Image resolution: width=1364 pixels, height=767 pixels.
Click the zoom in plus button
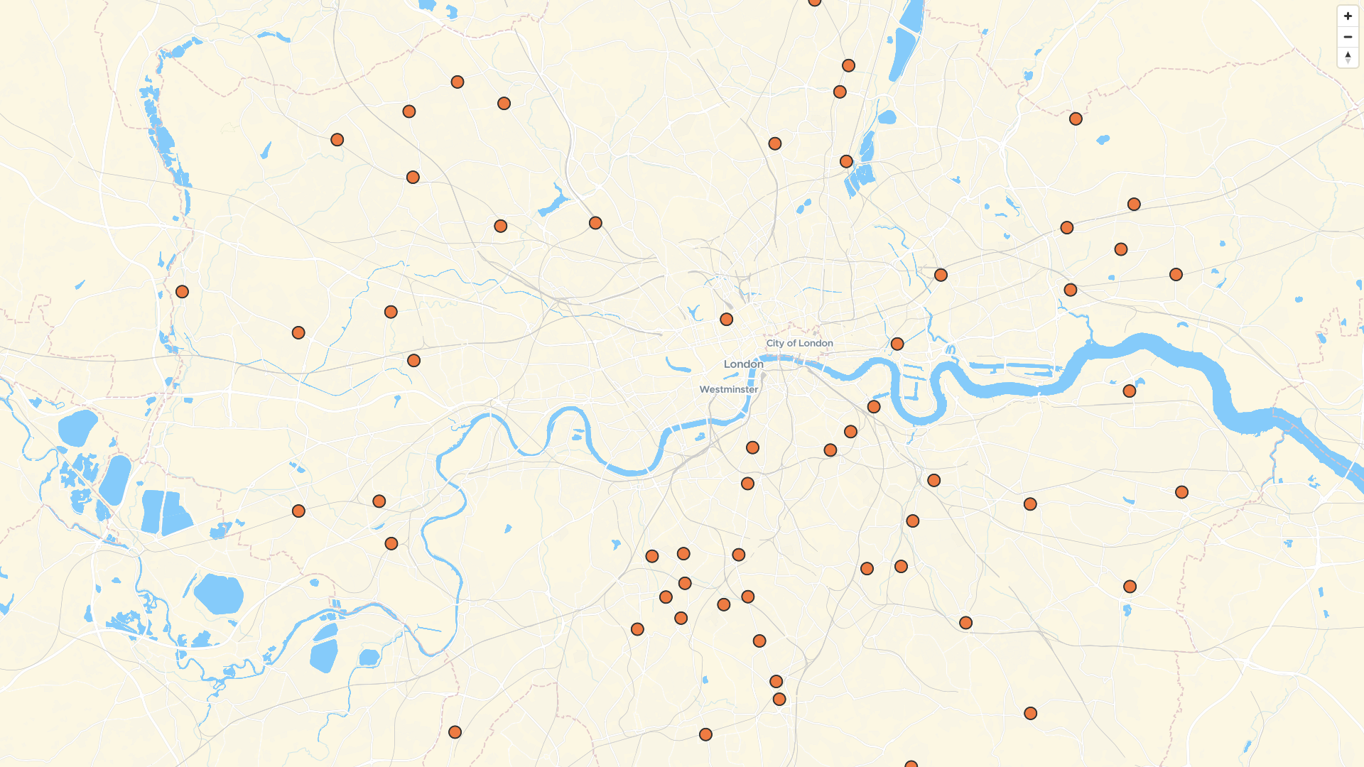tap(1348, 16)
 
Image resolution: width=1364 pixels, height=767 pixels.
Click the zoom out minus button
tap(1348, 37)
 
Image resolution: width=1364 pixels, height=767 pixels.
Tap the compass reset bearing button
tap(1348, 58)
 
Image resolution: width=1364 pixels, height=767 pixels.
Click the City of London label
tap(799, 343)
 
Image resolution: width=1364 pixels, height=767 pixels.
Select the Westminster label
tap(728, 389)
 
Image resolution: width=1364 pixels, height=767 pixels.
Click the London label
tap(743, 364)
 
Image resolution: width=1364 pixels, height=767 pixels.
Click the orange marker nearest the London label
tap(726, 320)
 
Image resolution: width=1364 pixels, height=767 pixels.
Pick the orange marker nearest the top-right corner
tap(1076, 119)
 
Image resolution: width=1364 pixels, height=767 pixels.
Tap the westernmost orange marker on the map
tap(182, 292)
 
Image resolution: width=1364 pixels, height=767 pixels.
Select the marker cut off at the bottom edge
tap(911, 764)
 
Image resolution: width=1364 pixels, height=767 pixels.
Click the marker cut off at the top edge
tap(815, 2)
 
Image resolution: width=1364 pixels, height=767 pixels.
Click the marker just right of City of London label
tap(897, 344)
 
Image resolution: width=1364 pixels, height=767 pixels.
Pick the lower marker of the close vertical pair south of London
tap(779, 700)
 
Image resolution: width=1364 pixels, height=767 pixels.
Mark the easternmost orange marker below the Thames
tap(1181, 492)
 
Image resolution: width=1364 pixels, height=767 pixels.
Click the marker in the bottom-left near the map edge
tap(455, 732)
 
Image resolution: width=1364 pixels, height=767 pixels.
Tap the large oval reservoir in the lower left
tap(219, 594)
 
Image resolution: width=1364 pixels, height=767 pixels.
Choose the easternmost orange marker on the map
tap(1181, 492)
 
